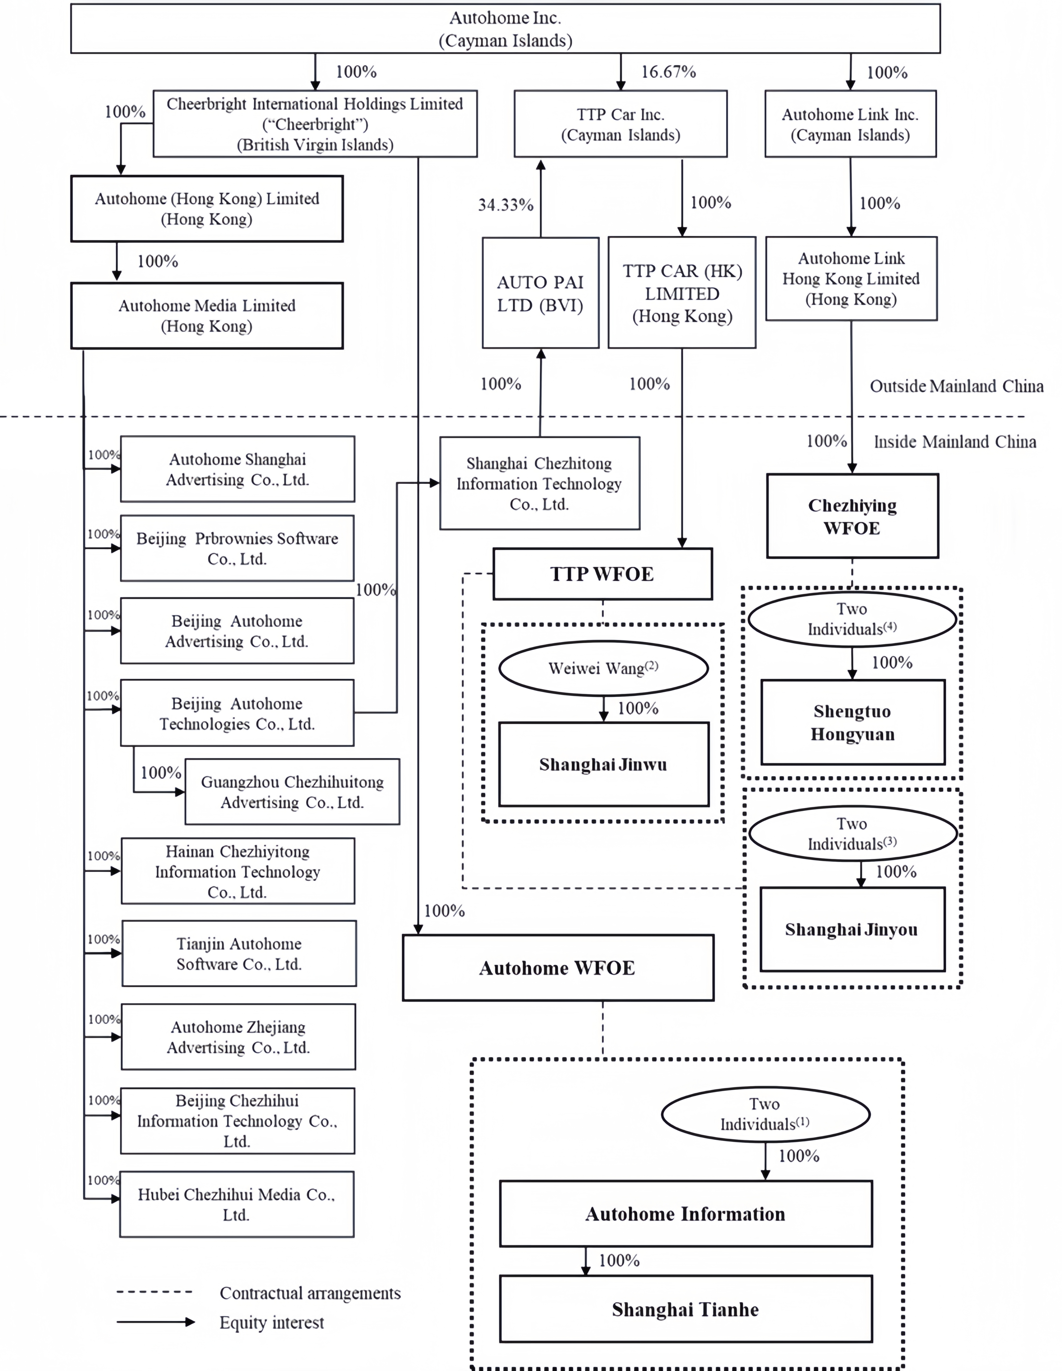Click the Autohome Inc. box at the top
505,29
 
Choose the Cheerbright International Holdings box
315,124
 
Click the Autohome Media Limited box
207,316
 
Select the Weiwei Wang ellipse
603,668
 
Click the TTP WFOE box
602,574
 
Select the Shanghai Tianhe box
685,1309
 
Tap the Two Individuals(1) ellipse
765,1114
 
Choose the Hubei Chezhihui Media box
237,1204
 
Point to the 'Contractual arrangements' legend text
310,1293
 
